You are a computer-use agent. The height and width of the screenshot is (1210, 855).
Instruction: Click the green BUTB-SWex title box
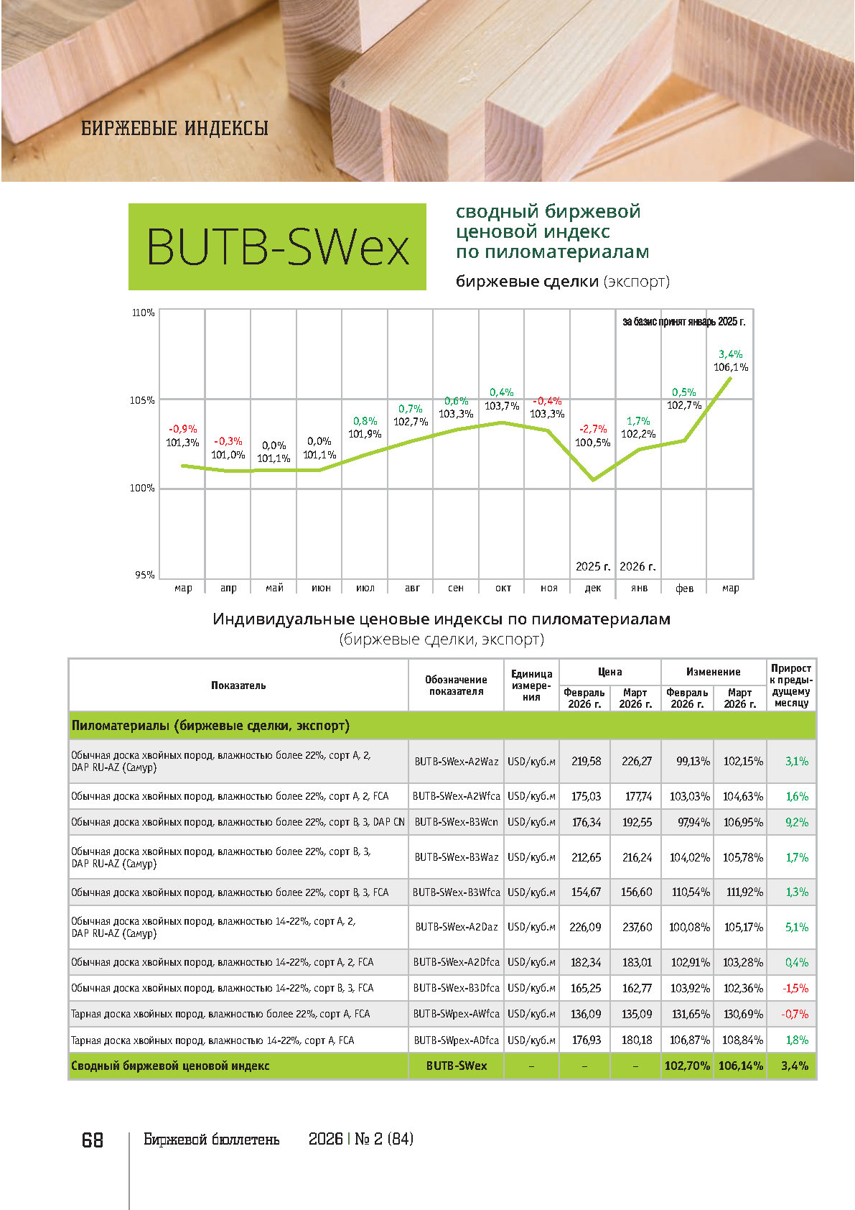277,246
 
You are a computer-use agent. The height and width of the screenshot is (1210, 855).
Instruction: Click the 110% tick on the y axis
144,313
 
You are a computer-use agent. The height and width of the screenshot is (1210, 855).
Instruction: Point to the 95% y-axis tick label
144,575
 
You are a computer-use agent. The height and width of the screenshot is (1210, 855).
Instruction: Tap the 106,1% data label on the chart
731,367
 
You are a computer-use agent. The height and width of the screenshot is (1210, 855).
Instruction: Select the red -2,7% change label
593,429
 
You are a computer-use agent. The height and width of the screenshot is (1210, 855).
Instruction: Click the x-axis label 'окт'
503,588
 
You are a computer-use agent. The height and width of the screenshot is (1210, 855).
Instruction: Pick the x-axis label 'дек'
593,588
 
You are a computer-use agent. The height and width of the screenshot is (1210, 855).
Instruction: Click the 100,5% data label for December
593,443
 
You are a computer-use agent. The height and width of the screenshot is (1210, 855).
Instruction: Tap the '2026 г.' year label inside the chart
637,566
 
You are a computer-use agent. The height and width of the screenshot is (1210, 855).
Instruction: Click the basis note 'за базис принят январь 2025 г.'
683,321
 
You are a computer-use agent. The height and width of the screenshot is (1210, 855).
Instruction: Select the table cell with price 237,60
637,927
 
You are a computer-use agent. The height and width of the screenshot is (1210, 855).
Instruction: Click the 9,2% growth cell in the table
797,822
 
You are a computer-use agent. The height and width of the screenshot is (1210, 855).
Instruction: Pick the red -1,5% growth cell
795,988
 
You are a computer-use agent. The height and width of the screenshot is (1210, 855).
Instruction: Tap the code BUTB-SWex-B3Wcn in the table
456,822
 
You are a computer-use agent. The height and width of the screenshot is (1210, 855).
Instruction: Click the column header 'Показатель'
238,685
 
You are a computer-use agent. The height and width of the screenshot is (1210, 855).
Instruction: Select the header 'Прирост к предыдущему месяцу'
791,685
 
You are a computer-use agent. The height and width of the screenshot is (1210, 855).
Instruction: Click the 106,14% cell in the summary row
741,1066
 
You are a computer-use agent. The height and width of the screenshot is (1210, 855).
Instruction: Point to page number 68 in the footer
93,1140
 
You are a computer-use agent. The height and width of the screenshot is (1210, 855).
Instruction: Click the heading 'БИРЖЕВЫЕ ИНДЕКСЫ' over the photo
174,129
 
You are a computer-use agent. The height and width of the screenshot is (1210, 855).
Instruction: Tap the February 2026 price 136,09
586,1014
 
